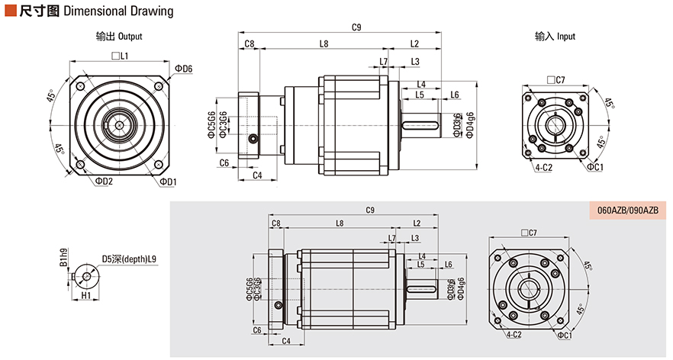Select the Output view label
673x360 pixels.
[x=118, y=36]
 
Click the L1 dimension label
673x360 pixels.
[x=120, y=56]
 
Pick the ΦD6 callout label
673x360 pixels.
[x=183, y=69]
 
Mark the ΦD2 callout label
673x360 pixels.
[x=104, y=182]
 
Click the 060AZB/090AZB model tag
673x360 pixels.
[x=621, y=210]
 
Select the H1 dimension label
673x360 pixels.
[x=85, y=294]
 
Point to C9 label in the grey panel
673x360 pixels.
[x=369, y=210]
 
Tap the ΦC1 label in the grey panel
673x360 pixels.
[x=565, y=336]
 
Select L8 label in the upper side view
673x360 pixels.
[x=324, y=44]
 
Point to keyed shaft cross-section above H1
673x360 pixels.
[x=85, y=272]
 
